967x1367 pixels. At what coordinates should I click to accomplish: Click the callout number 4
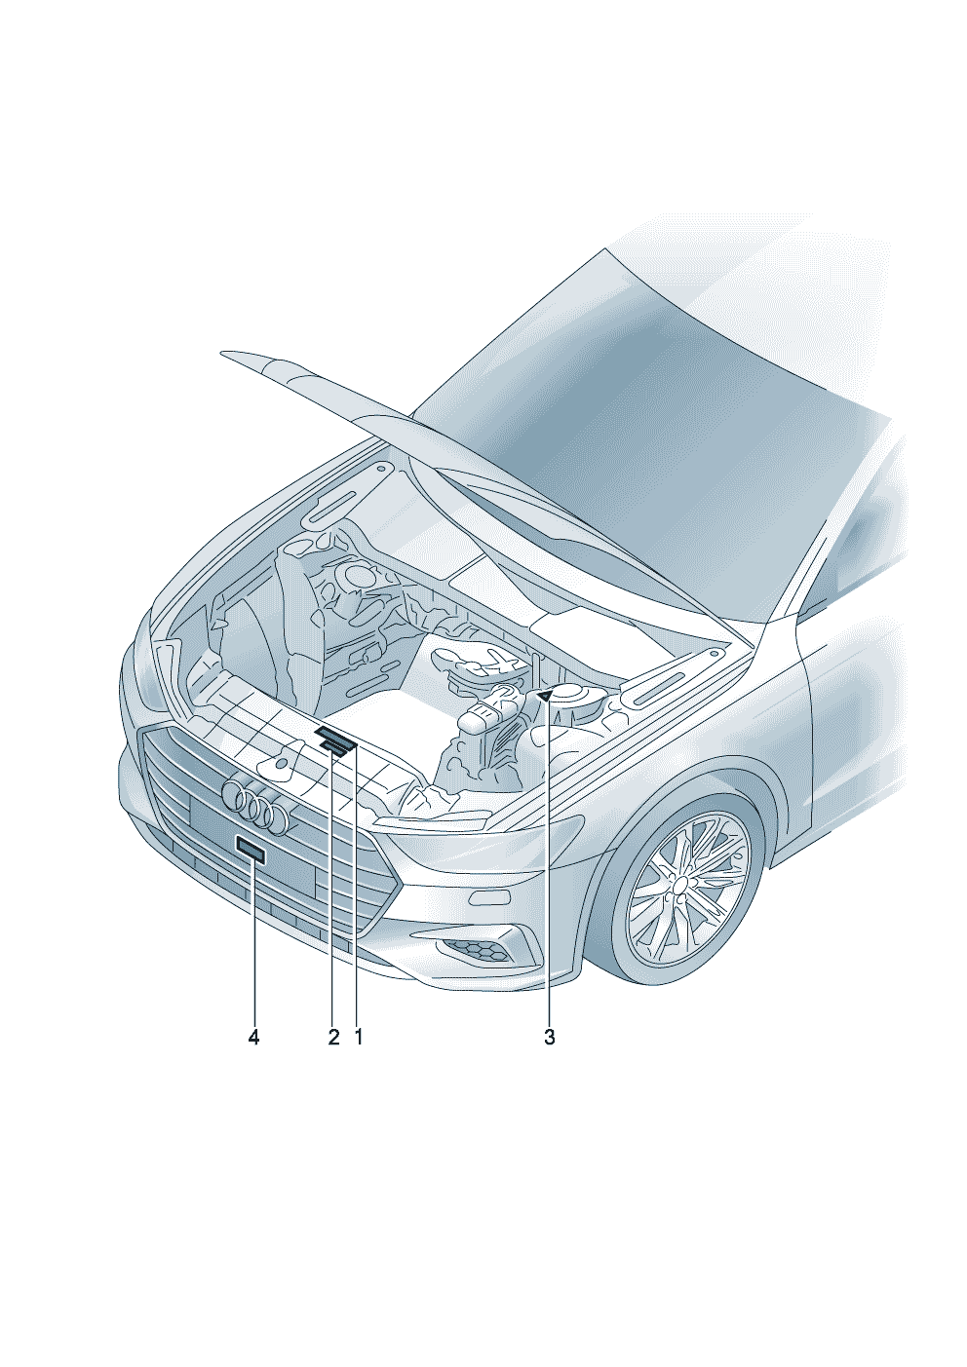pos(253,1038)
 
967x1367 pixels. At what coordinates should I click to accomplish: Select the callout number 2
pos(333,1038)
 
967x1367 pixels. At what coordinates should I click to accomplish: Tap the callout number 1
pos(359,1038)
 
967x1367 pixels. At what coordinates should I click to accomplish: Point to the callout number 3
pos(550,1038)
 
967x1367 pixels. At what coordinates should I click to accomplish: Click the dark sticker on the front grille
pos(251,854)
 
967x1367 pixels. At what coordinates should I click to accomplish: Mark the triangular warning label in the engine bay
pos(545,695)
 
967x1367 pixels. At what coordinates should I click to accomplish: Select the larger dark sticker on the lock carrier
pos(335,737)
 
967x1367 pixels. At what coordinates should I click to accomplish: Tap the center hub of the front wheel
pos(681,884)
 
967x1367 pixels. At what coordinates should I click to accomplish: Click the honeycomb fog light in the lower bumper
pos(478,951)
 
